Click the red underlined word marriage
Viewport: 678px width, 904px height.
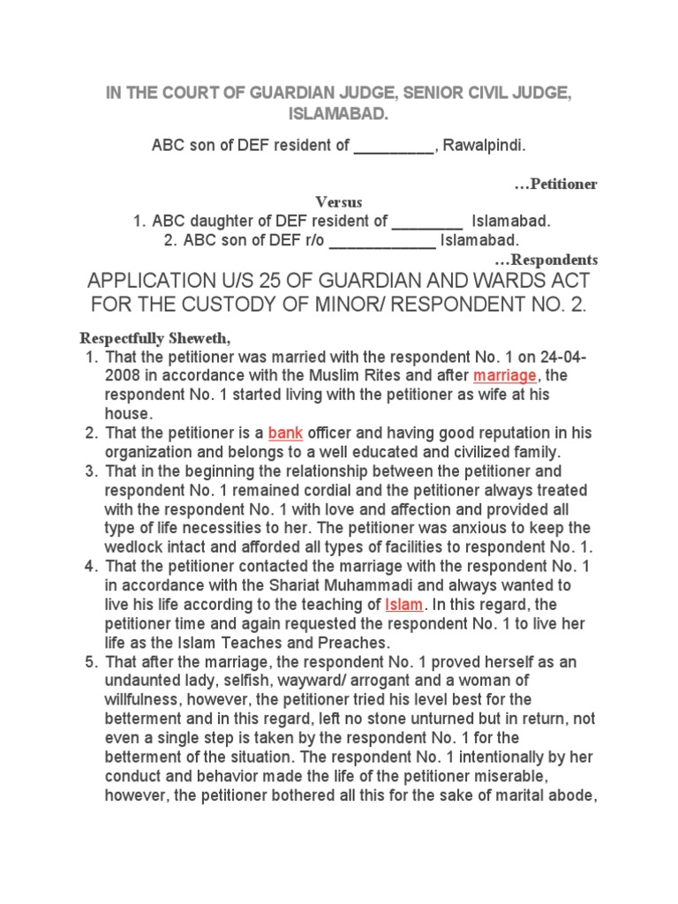coord(505,375)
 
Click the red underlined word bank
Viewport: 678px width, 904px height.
coord(285,433)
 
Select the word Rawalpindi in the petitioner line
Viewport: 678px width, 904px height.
coord(485,146)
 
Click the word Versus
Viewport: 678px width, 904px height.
coord(339,202)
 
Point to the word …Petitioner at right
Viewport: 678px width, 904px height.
coord(555,184)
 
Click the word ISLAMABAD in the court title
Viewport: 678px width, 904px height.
coord(338,114)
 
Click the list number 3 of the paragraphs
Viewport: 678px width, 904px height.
coord(91,471)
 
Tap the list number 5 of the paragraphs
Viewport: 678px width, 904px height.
coord(91,661)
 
